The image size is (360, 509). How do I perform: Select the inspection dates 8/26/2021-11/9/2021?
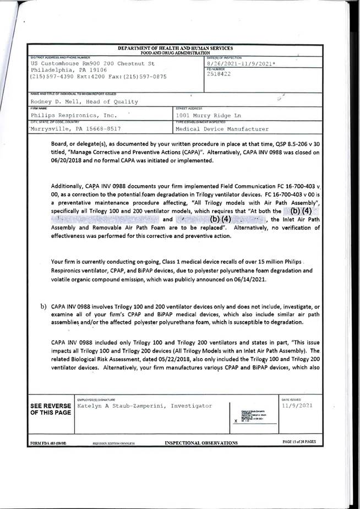[241, 65]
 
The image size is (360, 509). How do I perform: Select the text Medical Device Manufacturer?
[222, 129]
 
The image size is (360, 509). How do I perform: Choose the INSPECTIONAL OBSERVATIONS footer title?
[201, 442]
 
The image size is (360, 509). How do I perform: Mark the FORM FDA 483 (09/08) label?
[45, 442]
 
